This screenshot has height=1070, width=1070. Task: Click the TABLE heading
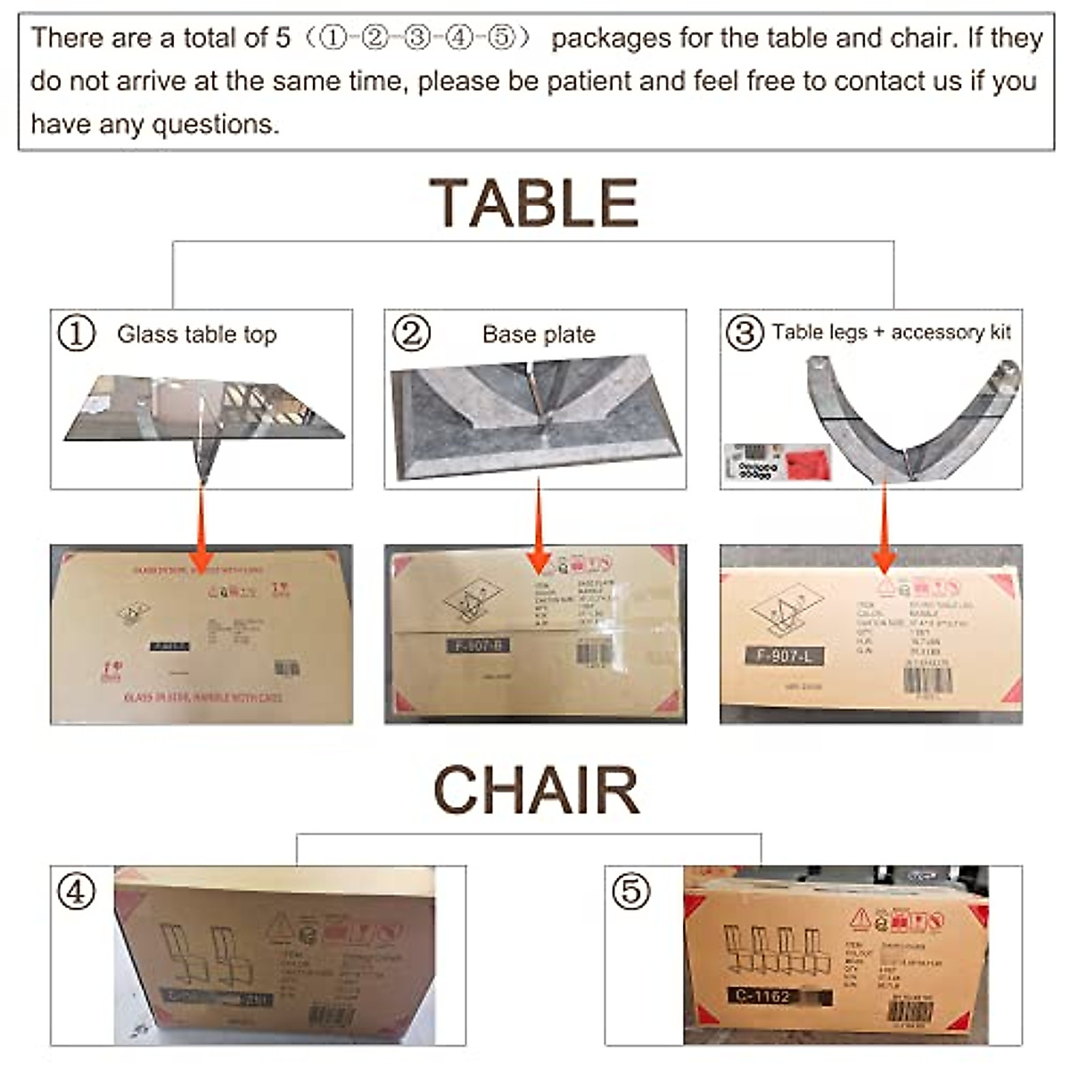tap(533, 202)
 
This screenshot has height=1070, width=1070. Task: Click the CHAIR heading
tap(537, 790)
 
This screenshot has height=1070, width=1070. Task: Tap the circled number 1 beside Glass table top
tap(76, 334)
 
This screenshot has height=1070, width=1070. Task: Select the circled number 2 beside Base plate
tap(411, 333)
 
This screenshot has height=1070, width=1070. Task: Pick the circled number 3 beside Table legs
tap(745, 333)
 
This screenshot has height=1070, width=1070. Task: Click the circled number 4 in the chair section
tap(76, 891)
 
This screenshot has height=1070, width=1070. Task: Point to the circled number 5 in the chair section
tap(631, 891)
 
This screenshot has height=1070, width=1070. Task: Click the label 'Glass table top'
tap(197, 334)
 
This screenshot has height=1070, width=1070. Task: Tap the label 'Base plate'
tap(539, 334)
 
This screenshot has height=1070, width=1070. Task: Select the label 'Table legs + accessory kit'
tap(891, 333)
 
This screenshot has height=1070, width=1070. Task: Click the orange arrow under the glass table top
tap(202, 526)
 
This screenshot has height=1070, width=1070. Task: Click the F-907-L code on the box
tap(784, 656)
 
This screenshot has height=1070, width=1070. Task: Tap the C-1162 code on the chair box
tap(763, 996)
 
